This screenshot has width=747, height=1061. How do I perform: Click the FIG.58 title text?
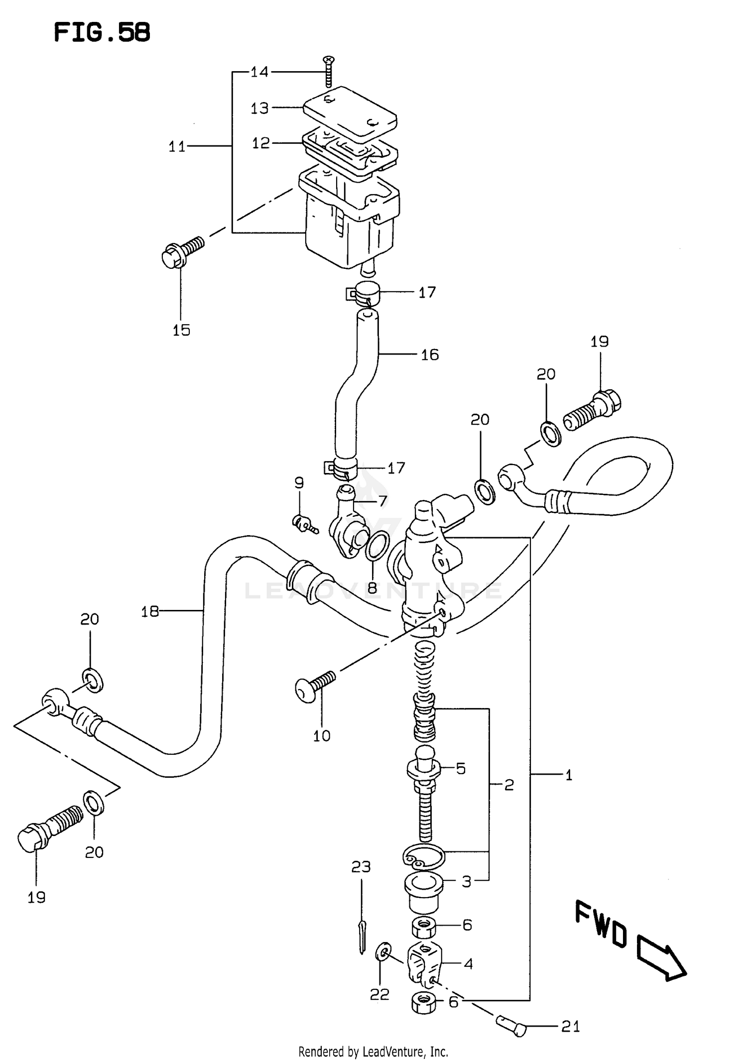pos(102,33)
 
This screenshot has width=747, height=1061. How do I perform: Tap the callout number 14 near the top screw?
pos(259,72)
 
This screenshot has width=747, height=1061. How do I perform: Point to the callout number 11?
pos(177,147)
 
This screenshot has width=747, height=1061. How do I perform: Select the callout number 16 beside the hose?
pos(430,355)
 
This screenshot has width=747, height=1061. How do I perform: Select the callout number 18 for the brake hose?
pos(149,611)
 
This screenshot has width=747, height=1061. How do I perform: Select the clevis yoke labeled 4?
pos(424,963)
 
